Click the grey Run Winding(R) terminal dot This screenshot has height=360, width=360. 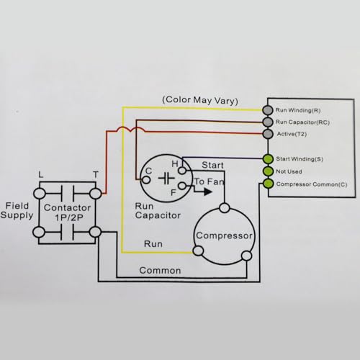click(x=268, y=110)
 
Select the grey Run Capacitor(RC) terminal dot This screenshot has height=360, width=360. click(x=268, y=122)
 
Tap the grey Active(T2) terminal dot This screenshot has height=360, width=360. click(x=268, y=134)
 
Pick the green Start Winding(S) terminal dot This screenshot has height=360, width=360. click(x=268, y=159)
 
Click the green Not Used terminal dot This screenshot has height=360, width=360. click(x=268, y=171)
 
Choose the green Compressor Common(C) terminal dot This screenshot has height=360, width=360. click(x=268, y=184)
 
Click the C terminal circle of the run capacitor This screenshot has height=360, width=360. click(x=146, y=180)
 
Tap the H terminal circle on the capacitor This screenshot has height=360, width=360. click(x=182, y=171)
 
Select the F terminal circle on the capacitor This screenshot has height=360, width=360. click(x=182, y=186)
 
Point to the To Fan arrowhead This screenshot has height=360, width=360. click(x=208, y=192)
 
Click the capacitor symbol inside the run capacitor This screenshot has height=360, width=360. click(x=166, y=179)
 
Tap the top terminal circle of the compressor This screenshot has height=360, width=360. click(x=225, y=208)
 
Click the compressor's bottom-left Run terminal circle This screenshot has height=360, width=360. click(x=198, y=251)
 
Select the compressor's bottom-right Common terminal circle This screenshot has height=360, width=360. click(x=246, y=256)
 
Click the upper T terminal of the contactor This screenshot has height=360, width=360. click(x=96, y=194)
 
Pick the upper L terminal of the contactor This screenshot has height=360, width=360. click(x=39, y=194)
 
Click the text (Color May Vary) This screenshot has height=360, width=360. click(x=200, y=100)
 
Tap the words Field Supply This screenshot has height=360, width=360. click(x=17, y=210)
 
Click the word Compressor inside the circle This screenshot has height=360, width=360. click(x=224, y=235)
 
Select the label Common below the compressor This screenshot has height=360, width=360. click(x=160, y=271)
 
